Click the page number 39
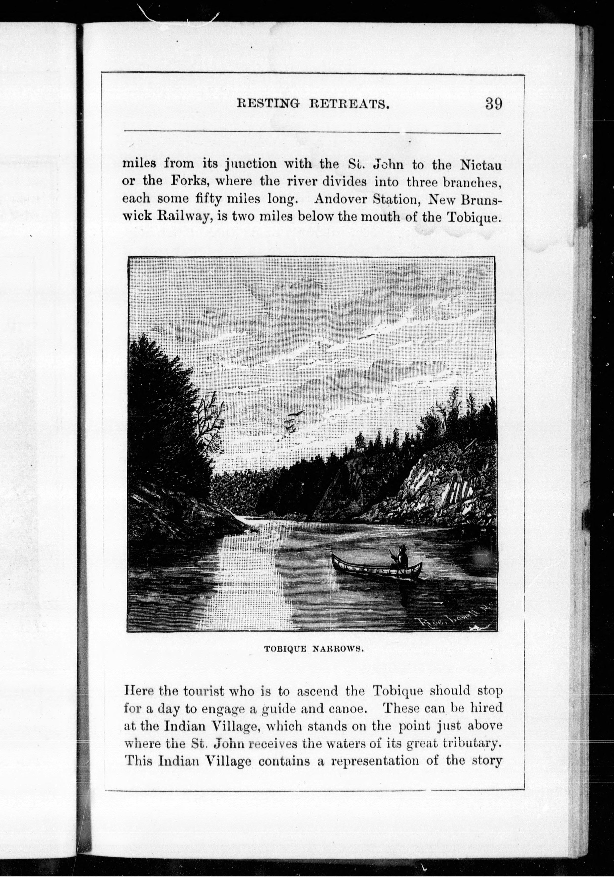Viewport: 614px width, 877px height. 493,104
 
